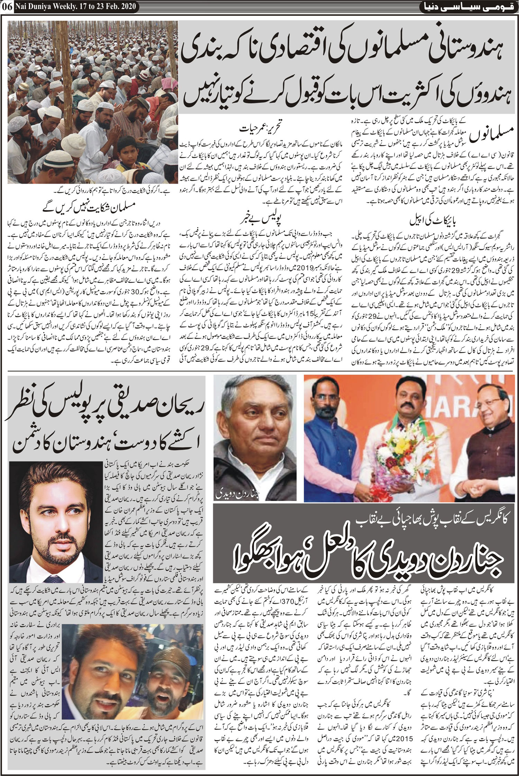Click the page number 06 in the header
pyautogui.click(x=7, y=6)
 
